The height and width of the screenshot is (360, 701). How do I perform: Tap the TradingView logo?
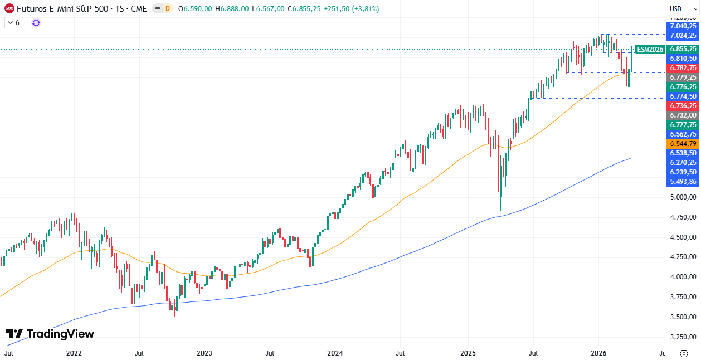click(x=50, y=334)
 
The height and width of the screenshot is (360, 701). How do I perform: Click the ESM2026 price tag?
click(x=650, y=49)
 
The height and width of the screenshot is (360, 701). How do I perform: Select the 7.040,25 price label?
click(x=683, y=26)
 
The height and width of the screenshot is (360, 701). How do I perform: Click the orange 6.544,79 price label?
click(x=683, y=143)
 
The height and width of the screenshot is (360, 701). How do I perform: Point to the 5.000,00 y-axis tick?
click(x=683, y=197)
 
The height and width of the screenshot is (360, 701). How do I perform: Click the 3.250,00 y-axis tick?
click(x=683, y=337)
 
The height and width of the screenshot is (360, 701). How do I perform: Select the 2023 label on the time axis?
click(x=205, y=353)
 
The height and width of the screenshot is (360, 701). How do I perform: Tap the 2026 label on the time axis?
click(x=598, y=353)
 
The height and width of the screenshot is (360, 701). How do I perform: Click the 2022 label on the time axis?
click(x=74, y=353)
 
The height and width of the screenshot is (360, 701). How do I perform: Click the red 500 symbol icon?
click(x=9, y=8)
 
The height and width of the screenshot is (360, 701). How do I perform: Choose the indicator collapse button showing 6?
click(x=13, y=23)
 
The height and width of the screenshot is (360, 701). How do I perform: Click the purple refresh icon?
click(x=36, y=23)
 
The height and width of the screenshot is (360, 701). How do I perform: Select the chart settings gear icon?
click(x=684, y=353)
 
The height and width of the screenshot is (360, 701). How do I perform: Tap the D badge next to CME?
click(x=167, y=9)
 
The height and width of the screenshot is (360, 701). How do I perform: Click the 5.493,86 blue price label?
click(x=683, y=181)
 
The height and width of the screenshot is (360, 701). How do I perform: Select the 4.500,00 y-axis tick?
click(x=683, y=237)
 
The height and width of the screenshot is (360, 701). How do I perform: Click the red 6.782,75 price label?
click(x=683, y=67)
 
